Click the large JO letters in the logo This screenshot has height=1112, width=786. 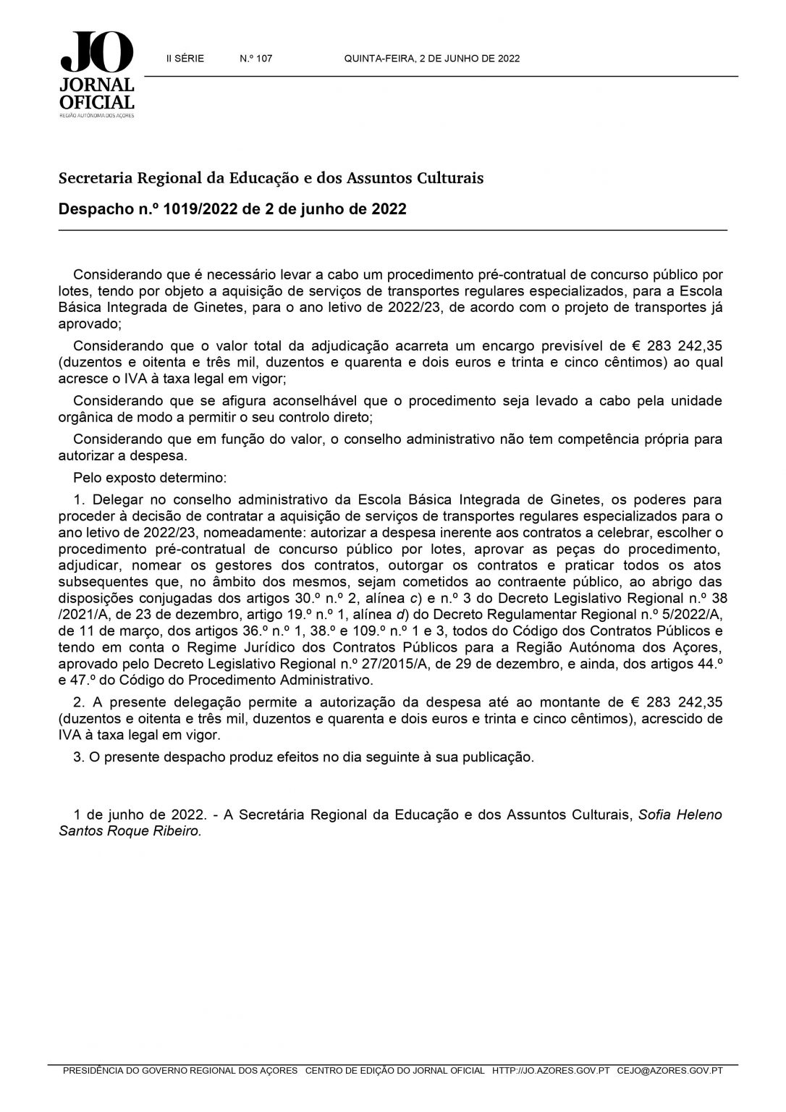point(97,53)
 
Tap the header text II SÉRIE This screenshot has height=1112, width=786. point(185,59)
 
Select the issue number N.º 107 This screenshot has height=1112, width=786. point(255,59)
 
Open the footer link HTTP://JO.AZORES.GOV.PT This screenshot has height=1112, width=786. point(551,1090)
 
